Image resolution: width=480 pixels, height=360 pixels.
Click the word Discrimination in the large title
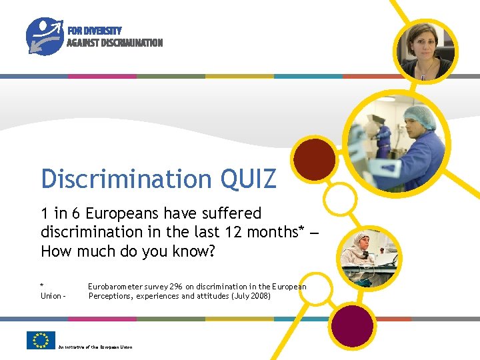click(x=125, y=179)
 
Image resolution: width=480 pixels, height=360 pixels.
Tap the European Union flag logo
click(x=41, y=340)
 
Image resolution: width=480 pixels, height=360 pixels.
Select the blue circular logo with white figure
click(x=45, y=36)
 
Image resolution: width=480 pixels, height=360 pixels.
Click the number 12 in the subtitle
click(x=235, y=232)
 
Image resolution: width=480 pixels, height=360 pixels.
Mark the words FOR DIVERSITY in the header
click(x=94, y=31)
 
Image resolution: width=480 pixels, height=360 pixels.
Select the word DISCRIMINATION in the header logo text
click(x=132, y=43)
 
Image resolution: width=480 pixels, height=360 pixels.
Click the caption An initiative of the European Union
click(x=95, y=347)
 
